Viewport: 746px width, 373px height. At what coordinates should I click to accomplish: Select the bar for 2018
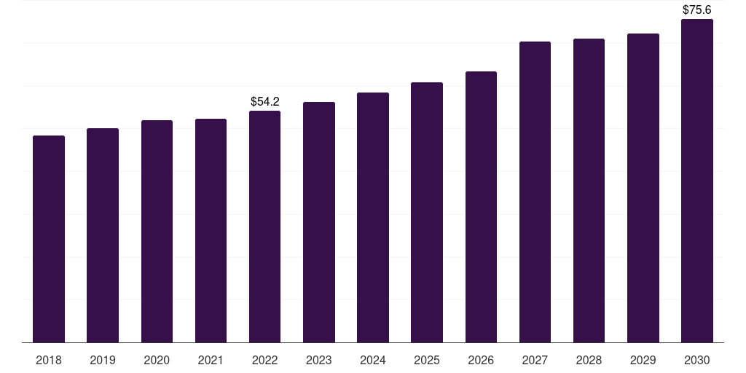click(49, 239)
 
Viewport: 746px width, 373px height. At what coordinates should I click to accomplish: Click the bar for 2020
click(157, 231)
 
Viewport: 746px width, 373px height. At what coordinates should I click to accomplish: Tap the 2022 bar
click(264, 227)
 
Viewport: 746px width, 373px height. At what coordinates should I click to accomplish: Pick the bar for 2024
click(373, 217)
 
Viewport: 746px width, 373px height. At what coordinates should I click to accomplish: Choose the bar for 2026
click(481, 207)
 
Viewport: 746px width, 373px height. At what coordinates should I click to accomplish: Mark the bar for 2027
click(535, 192)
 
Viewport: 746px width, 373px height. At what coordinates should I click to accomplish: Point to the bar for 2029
click(643, 188)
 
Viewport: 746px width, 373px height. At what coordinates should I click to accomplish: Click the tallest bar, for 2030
click(697, 181)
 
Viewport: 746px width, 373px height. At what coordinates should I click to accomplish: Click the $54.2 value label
click(265, 101)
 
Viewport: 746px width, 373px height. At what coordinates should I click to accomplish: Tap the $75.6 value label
click(697, 9)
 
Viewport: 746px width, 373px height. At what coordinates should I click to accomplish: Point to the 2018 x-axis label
click(49, 360)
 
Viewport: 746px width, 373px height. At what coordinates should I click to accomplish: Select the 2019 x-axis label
click(103, 360)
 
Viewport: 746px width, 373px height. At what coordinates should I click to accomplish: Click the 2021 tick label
click(211, 360)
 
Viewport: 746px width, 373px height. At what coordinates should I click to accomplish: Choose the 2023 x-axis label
click(319, 360)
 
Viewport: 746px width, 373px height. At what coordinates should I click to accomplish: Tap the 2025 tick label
click(427, 360)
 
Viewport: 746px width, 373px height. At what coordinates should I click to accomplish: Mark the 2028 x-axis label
click(589, 360)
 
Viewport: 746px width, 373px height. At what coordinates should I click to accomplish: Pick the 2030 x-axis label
click(697, 360)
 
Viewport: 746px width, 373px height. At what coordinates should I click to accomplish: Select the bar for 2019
click(103, 235)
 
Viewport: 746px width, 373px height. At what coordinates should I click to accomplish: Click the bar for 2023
click(319, 222)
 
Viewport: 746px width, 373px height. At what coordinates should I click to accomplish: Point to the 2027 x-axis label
click(535, 360)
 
